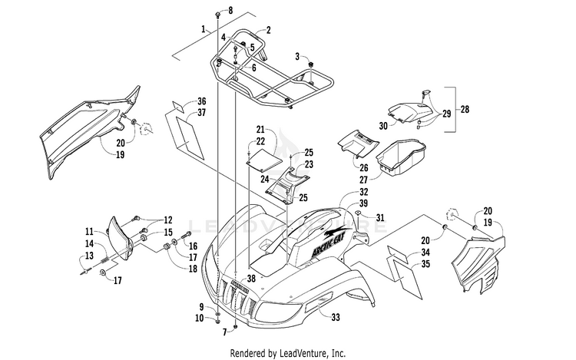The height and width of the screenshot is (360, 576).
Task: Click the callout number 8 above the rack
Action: tap(230, 10)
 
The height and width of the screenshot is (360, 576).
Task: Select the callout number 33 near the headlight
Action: tap(336, 318)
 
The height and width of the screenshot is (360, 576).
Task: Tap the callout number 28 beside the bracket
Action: tap(465, 109)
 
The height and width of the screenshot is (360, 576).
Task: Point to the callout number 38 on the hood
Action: tap(251, 279)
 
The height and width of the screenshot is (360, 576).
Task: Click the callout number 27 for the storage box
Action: tap(363, 180)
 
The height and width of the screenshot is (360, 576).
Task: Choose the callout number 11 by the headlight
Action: tap(89, 232)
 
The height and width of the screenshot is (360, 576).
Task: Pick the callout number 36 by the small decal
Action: tap(202, 101)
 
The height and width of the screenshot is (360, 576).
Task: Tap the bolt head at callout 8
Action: tap(218, 15)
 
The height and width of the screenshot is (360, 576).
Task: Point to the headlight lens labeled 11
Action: tap(120, 238)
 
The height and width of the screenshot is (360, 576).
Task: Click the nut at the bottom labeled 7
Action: tap(236, 326)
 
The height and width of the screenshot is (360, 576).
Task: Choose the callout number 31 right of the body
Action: tap(380, 218)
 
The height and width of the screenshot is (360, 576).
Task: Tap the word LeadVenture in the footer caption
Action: tap(303, 353)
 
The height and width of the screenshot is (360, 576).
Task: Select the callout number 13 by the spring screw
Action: tap(89, 256)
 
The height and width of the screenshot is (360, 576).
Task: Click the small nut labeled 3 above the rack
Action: tap(311, 65)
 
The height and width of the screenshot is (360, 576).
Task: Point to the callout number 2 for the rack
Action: tap(269, 30)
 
